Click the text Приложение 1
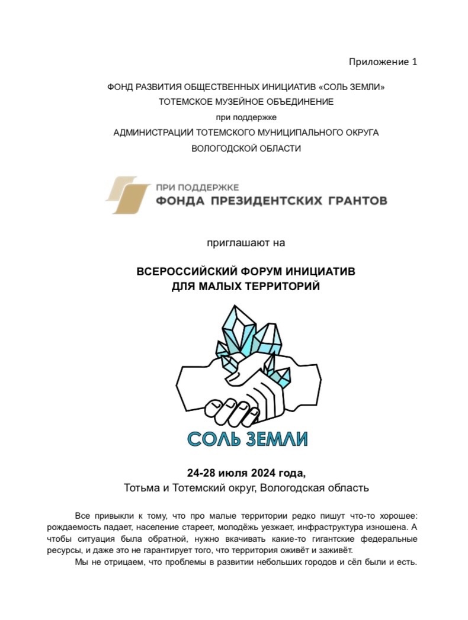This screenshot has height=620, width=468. pyautogui.click(x=383, y=62)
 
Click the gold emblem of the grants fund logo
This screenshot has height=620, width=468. pyautogui.click(x=127, y=195)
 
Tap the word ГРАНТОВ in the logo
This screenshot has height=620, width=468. pyautogui.click(x=355, y=201)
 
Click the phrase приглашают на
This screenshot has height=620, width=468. pyautogui.click(x=246, y=242)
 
